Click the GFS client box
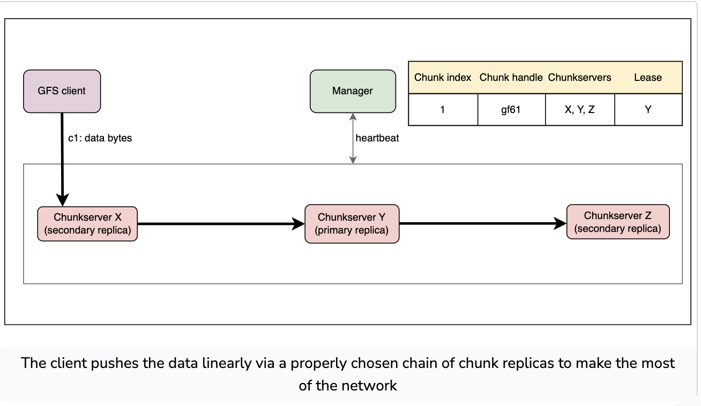click(x=62, y=91)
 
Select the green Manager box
click(x=353, y=91)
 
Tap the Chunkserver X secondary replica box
click(x=87, y=224)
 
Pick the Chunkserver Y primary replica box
click(x=352, y=224)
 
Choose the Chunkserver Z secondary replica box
click(x=618, y=222)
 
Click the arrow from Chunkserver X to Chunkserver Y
click(x=221, y=224)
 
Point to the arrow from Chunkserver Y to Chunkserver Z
click(x=483, y=223)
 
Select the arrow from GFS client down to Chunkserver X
click(x=62, y=160)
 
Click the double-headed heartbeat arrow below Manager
click(x=353, y=138)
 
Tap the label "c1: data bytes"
click(x=100, y=138)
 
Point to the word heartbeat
click(x=377, y=138)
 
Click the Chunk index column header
click(x=443, y=77)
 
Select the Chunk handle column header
click(x=511, y=77)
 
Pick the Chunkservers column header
click(x=579, y=77)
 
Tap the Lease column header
click(x=648, y=77)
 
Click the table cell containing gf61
click(x=512, y=110)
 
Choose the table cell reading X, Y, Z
click(x=580, y=110)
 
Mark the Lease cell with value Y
click(x=648, y=110)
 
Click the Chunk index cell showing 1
click(x=443, y=110)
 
